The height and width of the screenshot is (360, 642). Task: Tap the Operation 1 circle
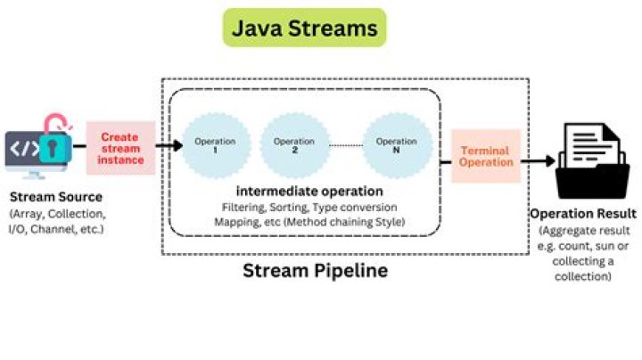(215, 146)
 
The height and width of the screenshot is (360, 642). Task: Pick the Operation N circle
(397, 146)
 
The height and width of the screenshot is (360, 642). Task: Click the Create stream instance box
(120, 148)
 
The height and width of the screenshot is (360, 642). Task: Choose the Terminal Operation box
(486, 157)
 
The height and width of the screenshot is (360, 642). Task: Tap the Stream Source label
(55, 196)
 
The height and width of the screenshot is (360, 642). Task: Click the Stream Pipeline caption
(315, 270)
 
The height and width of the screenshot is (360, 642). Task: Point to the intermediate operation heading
(309, 191)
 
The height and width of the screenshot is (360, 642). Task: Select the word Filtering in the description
(243, 208)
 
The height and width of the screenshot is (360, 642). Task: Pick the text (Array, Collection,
(55, 213)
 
